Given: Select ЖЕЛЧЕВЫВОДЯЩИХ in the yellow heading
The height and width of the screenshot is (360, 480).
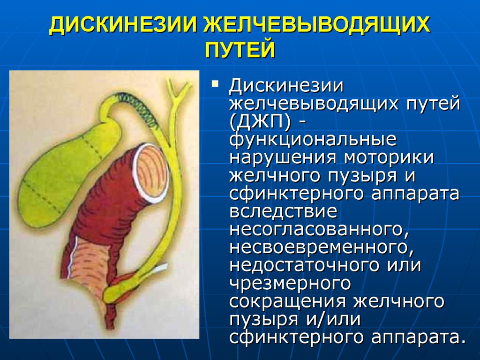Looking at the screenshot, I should click(x=316, y=25).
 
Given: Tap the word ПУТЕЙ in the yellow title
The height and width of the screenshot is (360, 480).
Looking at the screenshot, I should click(x=240, y=49).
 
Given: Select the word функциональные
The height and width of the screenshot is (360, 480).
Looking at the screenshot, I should click(x=313, y=139).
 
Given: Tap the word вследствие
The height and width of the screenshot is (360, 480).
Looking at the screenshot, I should click(x=283, y=211).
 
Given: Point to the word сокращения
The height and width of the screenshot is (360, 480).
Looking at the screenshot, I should click(x=289, y=301).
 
